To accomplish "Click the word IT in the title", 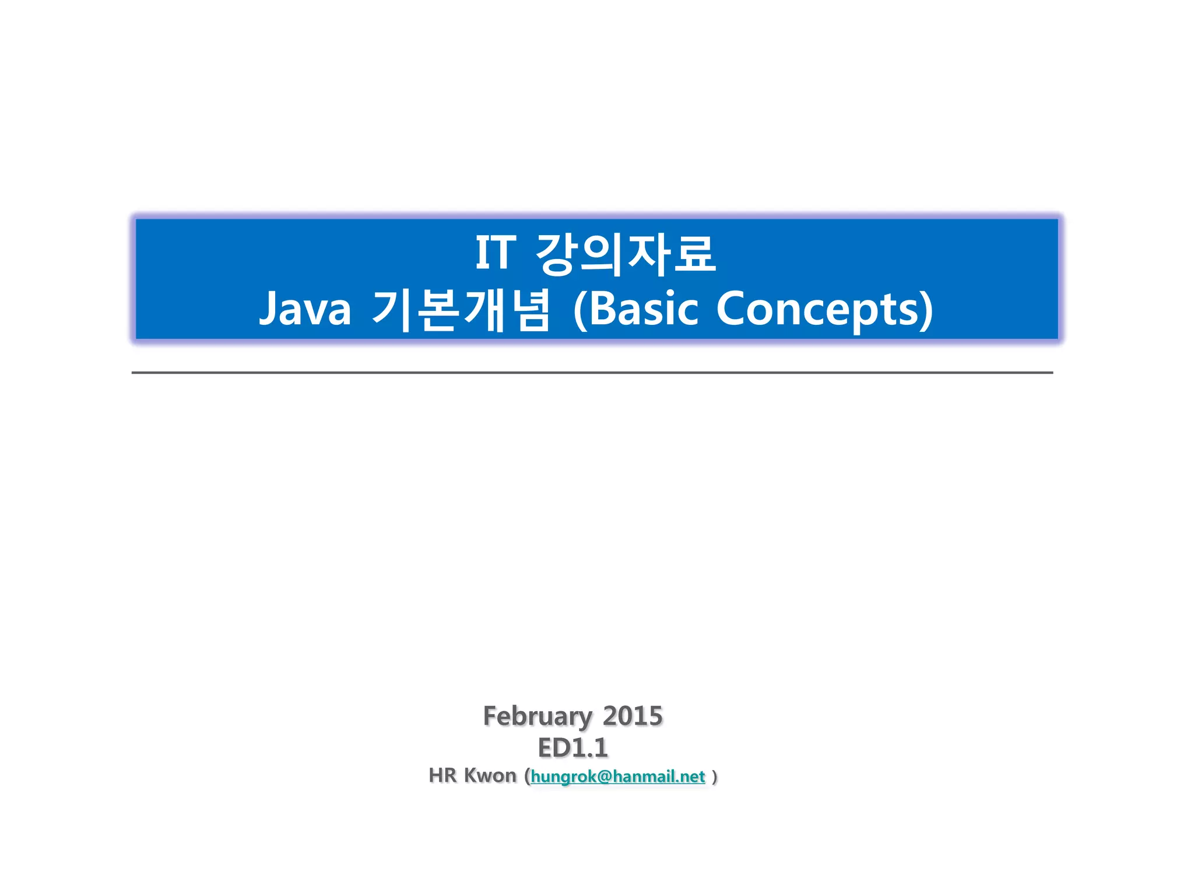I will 496,254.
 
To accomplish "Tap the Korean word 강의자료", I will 626,254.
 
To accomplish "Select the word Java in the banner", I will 305,309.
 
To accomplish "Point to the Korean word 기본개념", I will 461,310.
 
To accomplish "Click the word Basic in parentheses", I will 644,309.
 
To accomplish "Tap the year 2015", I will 633,716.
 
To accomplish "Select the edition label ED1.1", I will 573,748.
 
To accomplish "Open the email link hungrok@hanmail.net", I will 618,776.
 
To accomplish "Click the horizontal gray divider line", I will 592,372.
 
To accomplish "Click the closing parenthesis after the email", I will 715,777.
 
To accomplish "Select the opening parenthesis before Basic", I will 579,310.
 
